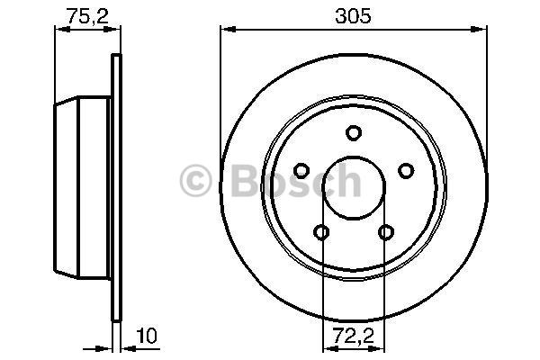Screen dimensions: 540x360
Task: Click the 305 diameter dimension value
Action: click(354, 16)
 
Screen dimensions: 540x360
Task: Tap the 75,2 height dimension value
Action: click(87, 16)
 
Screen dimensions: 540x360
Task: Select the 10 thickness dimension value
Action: click(147, 336)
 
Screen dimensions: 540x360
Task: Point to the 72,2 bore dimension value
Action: click(354, 337)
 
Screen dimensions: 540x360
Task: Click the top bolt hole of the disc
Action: click(354, 133)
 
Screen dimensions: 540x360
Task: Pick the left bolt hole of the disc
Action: click(301, 170)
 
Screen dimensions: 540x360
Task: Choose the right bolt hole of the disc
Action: click(406, 170)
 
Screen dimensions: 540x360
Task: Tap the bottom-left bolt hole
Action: click(321, 232)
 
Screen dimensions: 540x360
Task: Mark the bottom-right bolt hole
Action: click(386, 232)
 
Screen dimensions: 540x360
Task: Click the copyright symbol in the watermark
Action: click(195, 181)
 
